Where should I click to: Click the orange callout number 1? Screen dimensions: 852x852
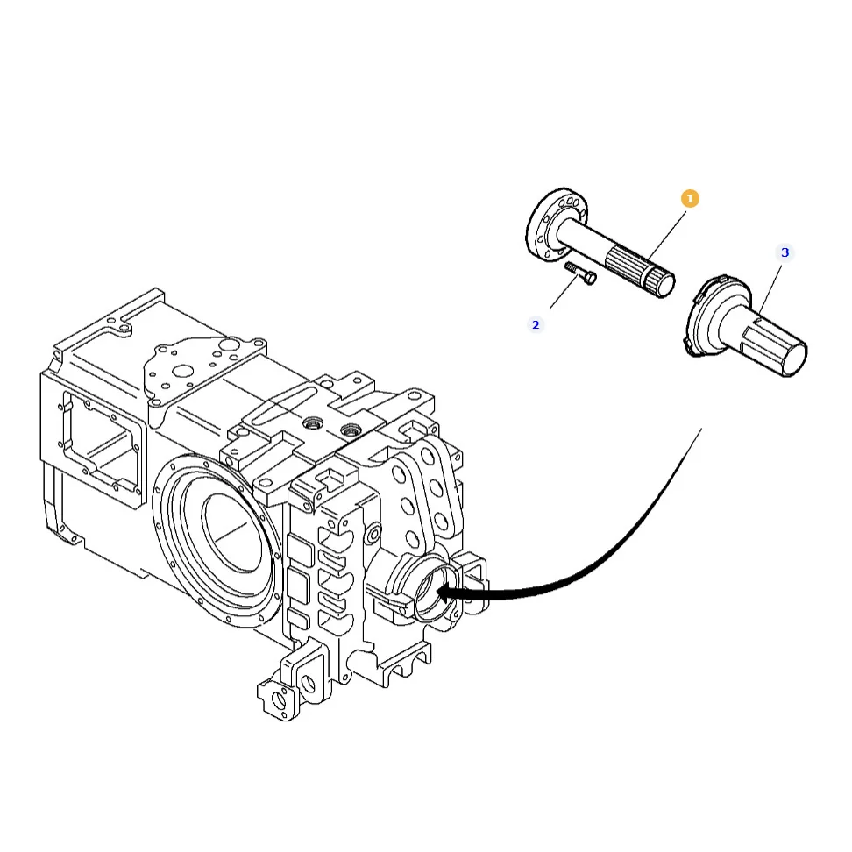(x=690, y=199)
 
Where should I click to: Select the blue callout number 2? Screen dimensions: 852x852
(x=536, y=325)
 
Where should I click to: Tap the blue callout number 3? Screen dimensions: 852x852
(x=785, y=252)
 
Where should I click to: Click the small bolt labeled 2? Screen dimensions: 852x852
(x=580, y=273)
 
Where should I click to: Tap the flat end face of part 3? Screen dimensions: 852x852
(x=793, y=359)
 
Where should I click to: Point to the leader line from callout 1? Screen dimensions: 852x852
(x=667, y=235)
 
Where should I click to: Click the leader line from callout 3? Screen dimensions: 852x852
(x=770, y=289)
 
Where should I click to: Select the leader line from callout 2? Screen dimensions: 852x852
(x=564, y=292)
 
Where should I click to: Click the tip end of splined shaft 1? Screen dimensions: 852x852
(x=665, y=284)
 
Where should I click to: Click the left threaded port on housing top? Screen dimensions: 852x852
(x=313, y=422)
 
